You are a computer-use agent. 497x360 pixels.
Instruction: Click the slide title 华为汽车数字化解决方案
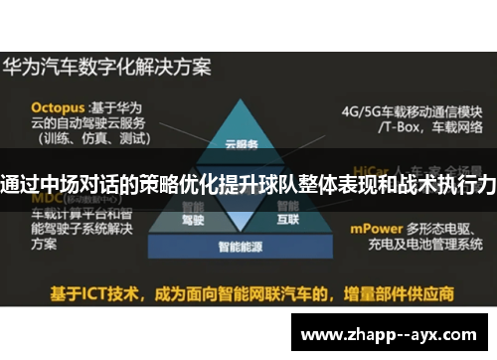(107, 70)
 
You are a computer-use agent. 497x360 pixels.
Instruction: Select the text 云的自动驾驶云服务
(88, 122)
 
